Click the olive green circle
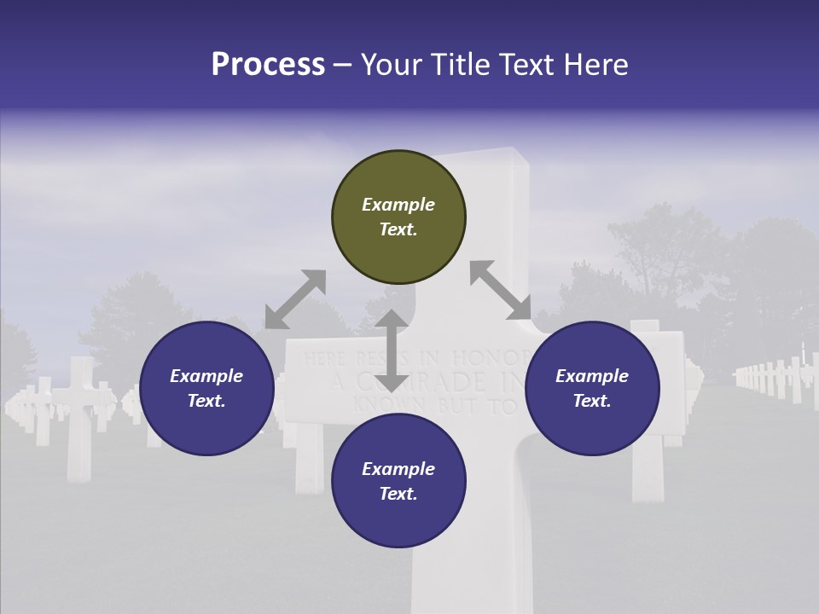coord(398,217)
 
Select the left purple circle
coord(206,389)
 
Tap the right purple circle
coord(592,389)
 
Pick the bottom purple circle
coord(398,481)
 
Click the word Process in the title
coord(268,65)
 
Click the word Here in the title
coord(595,65)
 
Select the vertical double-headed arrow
coord(392,350)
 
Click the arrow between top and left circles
coord(295,299)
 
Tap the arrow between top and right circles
coord(500,290)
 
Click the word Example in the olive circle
coord(398,205)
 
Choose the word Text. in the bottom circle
coord(398,494)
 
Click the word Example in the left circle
coord(206,376)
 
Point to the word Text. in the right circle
coord(592,401)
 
